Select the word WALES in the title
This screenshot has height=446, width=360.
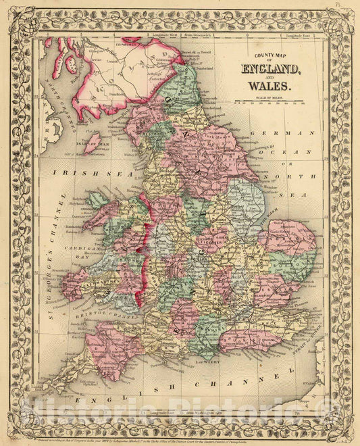pos(269,86)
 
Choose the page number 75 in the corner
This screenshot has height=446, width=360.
pos(348,6)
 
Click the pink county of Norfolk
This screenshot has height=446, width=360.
pos(289,237)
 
